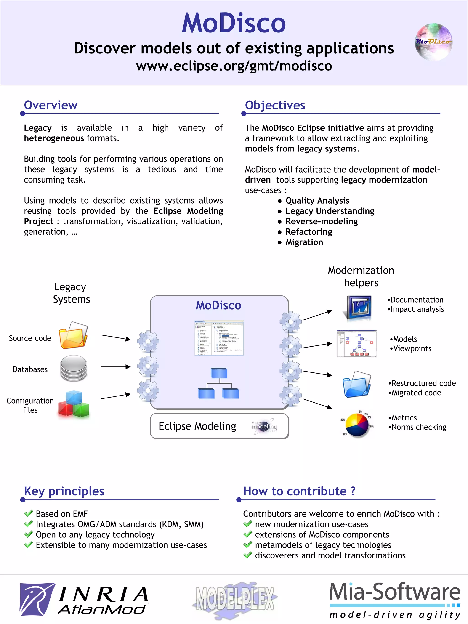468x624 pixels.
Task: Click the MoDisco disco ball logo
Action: click(x=433, y=42)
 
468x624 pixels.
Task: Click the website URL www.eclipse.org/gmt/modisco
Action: click(x=234, y=66)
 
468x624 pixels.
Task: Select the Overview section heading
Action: click(x=51, y=105)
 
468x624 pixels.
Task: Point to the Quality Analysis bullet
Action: click(x=317, y=201)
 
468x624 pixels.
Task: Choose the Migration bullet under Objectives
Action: click(x=304, y=242)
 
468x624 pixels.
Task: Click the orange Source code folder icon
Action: click(x=73, y=335)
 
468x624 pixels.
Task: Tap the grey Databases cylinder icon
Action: click(x=74, y=368)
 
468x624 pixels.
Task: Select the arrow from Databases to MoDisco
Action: click(x=116, y=367)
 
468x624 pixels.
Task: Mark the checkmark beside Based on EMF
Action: click(x=29, y=513)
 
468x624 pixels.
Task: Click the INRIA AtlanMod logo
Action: click(x=84, y=599)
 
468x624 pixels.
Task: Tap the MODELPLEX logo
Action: click(x=235, y=599)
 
